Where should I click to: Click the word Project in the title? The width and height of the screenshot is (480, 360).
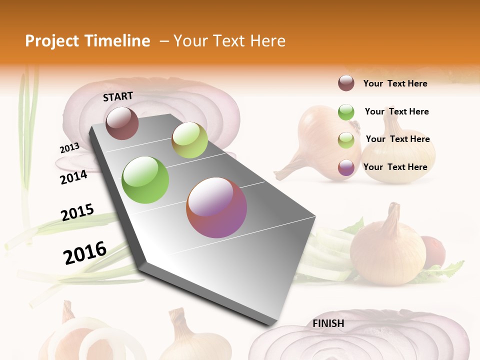[52, 41]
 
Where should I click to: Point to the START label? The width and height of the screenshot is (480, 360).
[118, 96]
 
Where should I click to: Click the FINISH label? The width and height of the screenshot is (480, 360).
[328, 323]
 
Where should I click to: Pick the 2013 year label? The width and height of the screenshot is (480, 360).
[70, 148]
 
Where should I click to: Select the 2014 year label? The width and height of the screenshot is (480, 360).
[74, 177]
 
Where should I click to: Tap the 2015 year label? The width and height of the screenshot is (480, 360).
[77, 213]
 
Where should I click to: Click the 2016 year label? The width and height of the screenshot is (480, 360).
[85, 253]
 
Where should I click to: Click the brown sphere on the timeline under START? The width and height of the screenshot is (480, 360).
[122, 123]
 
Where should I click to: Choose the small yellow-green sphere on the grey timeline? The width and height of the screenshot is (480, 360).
[189, 140]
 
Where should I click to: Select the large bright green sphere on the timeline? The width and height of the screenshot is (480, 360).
[145, 180]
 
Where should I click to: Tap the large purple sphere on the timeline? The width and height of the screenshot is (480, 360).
[216, 207]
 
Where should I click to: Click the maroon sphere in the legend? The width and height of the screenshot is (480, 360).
[346, 83]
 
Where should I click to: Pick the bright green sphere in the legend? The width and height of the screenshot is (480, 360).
[346, 112]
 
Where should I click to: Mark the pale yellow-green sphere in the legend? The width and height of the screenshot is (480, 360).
[346, 140]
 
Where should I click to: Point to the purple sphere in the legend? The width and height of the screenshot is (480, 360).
[346, 167]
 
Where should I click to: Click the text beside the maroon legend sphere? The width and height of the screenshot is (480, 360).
[395, 83]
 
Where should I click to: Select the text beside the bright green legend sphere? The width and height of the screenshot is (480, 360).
[396, 111]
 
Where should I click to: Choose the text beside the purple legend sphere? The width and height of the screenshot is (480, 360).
[395, 167]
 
